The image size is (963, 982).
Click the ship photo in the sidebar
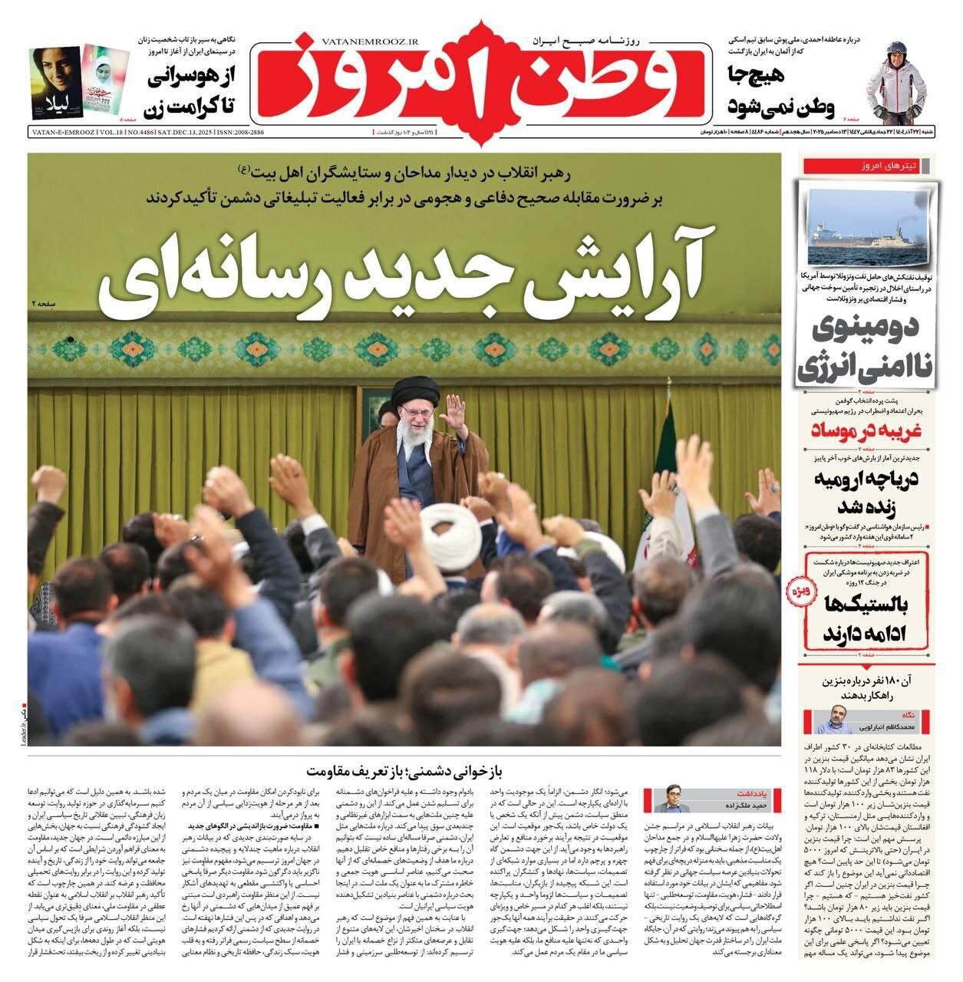point(868,219)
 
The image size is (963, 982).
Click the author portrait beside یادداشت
point(668,799)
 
